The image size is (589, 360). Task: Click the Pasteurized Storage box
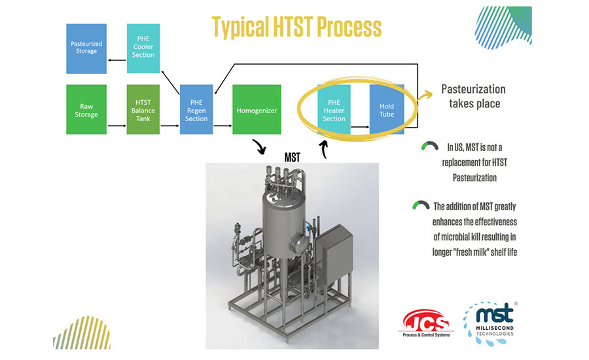click(x=86, y=48)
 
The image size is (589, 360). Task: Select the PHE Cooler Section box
click(x=143, y=48)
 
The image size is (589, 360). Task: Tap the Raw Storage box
click(x=86, y=109)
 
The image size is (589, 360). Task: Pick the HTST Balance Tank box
click(x=143, y=109)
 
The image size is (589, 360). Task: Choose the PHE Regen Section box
click(x=196, y=109)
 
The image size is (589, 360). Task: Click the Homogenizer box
click(x=257, y=109)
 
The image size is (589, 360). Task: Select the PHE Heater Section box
click(x=334, y=109)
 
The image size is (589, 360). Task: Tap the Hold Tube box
click(x=387, y=109)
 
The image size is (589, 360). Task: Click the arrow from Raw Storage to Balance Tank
click(x=117, y=126)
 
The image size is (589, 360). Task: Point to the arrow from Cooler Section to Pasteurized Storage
click(x=117, y=60)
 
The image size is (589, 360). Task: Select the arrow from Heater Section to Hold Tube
click(x=360, y=127)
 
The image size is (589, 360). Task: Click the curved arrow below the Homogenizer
click(x=260, y=147)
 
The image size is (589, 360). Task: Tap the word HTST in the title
click(x=293, y=27)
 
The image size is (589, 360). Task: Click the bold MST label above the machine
click(x=293, y=157)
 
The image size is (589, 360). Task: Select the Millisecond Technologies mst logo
click(x=490, y=323)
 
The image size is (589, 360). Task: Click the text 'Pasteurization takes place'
click(x=474, y=96)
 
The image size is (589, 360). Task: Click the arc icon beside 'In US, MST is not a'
click(x=430, y=146)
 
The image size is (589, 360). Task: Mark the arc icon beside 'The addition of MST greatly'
click(x=421, y=205)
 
